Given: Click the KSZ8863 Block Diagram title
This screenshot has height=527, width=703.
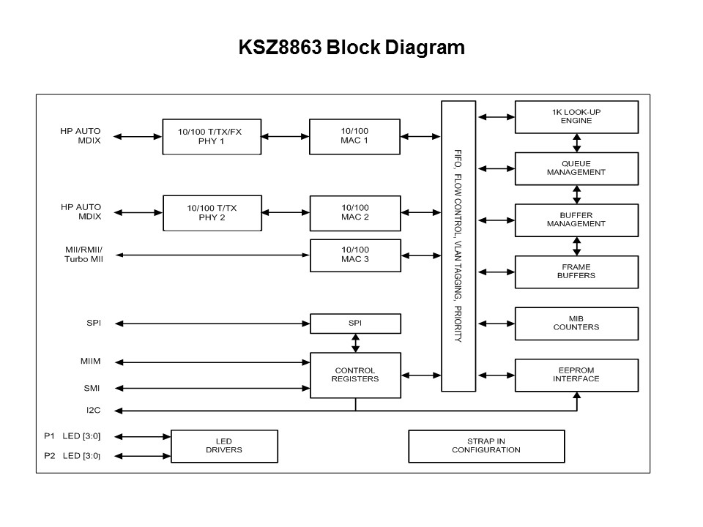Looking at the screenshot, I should pos(351,48).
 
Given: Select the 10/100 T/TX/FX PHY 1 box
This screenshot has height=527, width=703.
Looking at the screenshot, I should pos(212,136).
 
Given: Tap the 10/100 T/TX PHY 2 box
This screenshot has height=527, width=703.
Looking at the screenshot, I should pos(212,212).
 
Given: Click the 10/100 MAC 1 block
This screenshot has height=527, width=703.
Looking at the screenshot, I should pos(355,136).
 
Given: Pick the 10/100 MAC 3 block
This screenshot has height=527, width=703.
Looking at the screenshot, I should pos(355,255).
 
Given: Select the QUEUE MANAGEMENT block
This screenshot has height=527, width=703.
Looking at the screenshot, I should pos(576,168).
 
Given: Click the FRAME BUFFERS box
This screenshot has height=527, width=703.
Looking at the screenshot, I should pos(576,272).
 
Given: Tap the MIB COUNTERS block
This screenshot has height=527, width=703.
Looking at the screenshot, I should pos(576,323).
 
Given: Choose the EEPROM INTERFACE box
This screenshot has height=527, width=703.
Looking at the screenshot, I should pos(576,375).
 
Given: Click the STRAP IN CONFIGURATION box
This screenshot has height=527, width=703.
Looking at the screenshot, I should pos(486,446).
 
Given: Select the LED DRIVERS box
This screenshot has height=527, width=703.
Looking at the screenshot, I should pos(224,446).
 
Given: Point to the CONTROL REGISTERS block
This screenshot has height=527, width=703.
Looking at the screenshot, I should pos(355,375).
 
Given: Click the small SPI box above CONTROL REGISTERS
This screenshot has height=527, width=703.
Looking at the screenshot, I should pos(355,323).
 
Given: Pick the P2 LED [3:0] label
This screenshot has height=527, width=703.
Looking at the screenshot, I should pos(72,456).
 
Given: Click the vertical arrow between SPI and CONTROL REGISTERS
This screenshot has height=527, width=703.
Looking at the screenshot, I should pos(356,343).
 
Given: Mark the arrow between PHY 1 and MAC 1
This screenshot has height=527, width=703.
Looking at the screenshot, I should pos(285,136).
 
